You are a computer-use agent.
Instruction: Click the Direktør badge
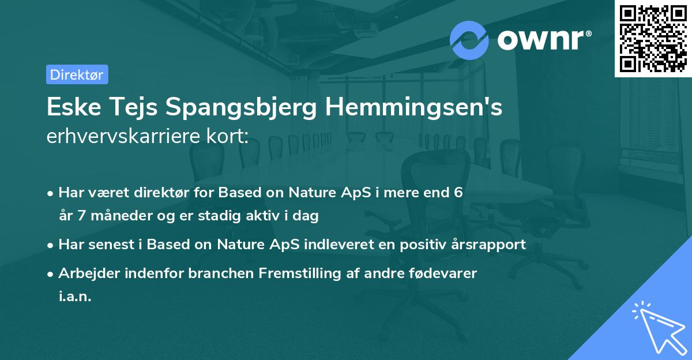click(x=77, y=74)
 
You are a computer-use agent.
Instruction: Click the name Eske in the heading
click(x=72, y=108)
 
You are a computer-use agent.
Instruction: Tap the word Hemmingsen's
click(x=412, y=108)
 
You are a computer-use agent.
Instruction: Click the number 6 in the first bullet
click(x=458, y=193)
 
